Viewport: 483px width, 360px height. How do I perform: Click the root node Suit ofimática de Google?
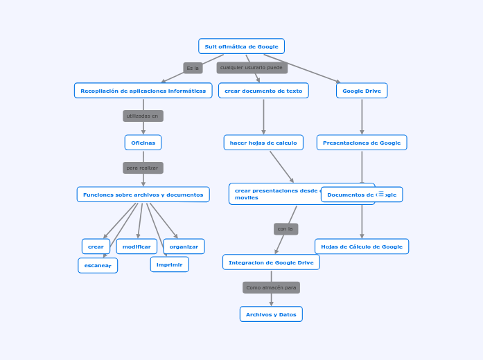tap(241, 46)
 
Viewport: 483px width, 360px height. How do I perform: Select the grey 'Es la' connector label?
tap(193, 68)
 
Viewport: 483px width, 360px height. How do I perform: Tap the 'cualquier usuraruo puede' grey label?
tap(252, 68)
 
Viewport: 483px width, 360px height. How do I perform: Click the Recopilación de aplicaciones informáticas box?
tap(143, 91)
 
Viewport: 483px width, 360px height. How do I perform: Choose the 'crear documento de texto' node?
tap(263, 91)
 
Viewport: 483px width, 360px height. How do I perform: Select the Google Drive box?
tap(362, 91)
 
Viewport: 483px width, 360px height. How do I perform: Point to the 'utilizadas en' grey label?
tap(143, 116)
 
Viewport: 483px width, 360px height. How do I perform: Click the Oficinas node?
tap(143, 143)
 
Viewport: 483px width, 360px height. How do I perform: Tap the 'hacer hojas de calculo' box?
tap(263, 143)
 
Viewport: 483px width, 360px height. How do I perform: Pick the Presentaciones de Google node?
tap(362, 143)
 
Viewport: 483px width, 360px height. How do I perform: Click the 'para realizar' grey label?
tap(143, 168)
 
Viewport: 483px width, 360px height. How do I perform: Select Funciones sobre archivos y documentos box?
tap(143, 195)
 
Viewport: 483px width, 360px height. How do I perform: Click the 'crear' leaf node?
tap(96, 246)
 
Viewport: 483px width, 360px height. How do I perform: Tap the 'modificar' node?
tap(137, 246)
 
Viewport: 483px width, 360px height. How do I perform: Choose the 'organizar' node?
tap(184, 246)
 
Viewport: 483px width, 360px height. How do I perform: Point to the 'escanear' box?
tap(98, 265)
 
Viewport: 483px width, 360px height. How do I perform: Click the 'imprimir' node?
tap(170, 264)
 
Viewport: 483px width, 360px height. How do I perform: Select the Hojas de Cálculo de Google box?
tap(362, 246)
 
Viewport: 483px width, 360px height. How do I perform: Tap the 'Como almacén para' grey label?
tap(271, 287)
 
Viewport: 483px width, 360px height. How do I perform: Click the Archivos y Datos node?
tap(271, 314)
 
